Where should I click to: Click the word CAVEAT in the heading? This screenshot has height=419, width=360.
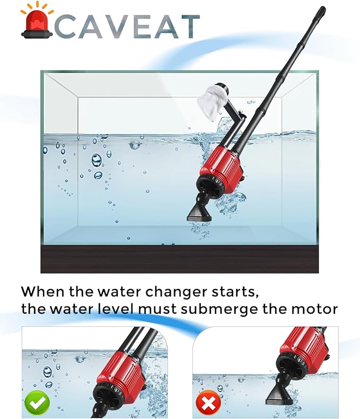click(x=127, y=26)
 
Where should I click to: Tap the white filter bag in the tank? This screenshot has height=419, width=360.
click(x=213, y=103)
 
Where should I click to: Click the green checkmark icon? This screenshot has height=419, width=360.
click(x=37, y=403)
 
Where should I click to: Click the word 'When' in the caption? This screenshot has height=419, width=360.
click(x=43, y=291)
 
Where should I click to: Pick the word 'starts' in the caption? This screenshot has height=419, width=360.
click(x=235, y=292)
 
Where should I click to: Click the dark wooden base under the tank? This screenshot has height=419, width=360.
click(x=179, y=259)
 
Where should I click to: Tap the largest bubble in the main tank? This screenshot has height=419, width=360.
click(x=96, y=160)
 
